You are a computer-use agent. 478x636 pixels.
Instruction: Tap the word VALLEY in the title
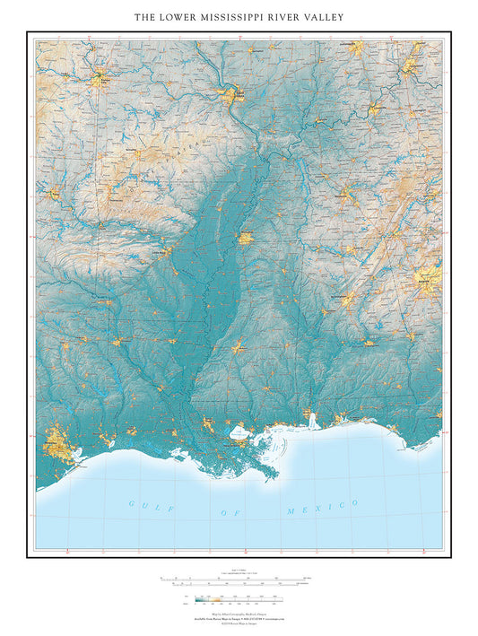tap(322, 17)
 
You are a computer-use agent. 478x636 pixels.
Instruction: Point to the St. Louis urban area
tap(236, 93)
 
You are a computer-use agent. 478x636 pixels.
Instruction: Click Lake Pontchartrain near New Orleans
tap(239, 434)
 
